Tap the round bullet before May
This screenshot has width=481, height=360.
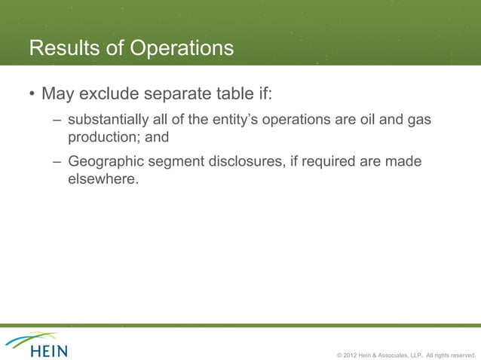click(x=32, y=96)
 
